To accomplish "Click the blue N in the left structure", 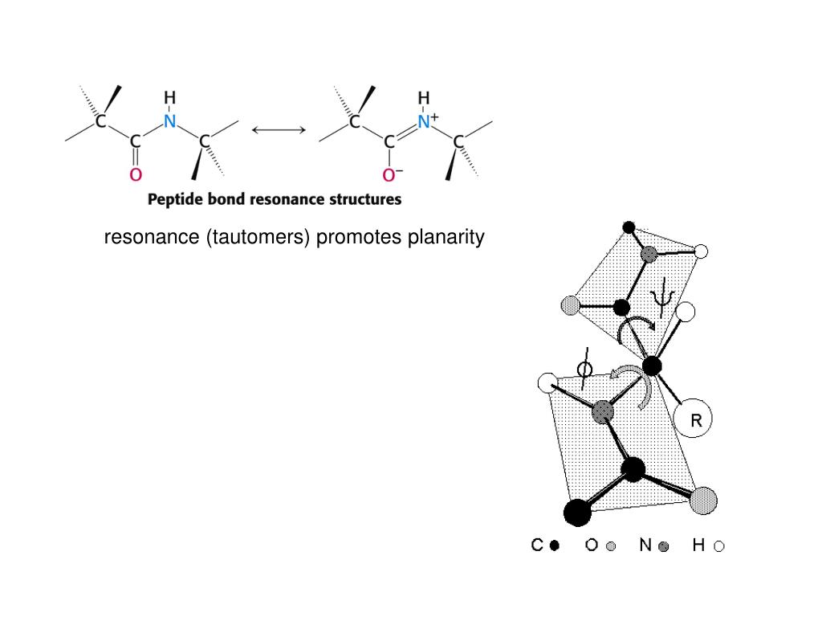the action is point(169,122).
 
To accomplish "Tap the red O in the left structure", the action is point(136,174).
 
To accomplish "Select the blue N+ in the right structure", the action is point(426,122).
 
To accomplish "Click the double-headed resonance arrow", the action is point(279,129).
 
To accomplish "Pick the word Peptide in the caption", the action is point(174,198).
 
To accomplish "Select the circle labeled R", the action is point(692,419).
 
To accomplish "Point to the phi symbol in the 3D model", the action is point(586,370).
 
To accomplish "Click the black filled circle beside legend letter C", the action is point(554,546).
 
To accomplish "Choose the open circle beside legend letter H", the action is point(719,546).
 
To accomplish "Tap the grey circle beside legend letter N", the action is point(663,546).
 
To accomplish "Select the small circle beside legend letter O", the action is point(611,546).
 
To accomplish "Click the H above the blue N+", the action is point(423,98).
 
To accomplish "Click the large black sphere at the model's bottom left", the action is point(577,511).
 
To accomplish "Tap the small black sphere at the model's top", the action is point(629,227).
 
